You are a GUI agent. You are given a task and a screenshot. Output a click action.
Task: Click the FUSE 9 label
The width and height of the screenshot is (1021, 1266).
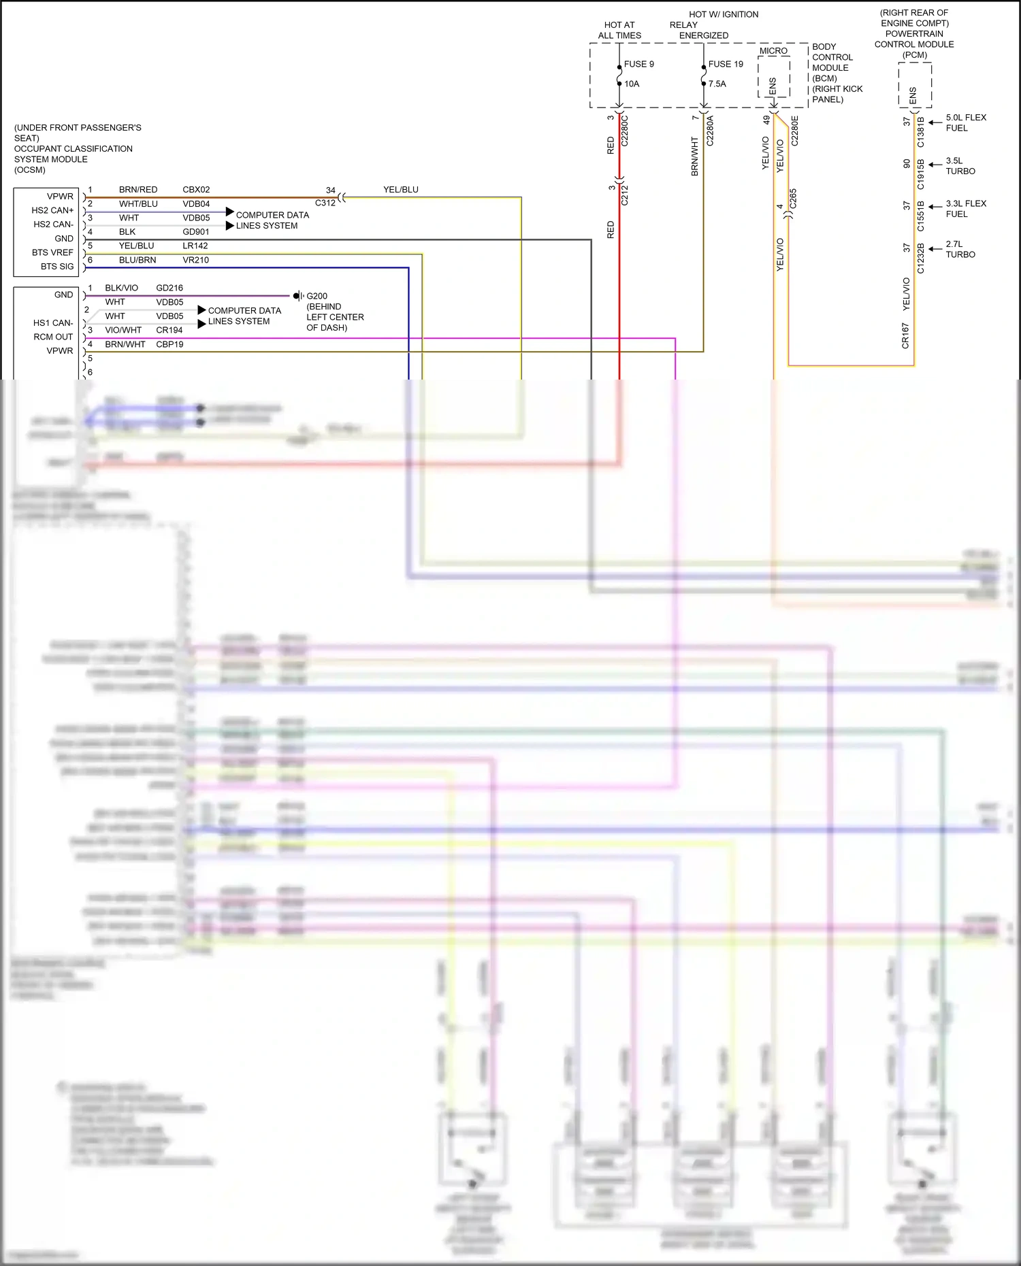pyautogui.click(x=638, y=64)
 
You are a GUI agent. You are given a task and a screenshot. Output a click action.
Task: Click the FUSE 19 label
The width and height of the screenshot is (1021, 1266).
pyautogui.click(x=726, y=64)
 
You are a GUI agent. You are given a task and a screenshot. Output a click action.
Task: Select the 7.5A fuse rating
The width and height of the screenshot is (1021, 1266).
pyautogui.click(x=717, y=84)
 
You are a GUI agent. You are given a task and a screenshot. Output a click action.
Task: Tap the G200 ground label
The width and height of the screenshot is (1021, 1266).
pyautogui.click(x=317, y=296)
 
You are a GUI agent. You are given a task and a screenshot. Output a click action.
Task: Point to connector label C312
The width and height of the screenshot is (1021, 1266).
pyautogui.click(x=325, y=203)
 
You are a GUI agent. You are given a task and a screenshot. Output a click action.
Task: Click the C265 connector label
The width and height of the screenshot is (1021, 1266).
pyautogui.click(x=793, y=199)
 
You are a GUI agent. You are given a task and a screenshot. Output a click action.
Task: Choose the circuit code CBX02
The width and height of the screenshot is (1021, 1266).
pyautogui.click(x=196, y=190)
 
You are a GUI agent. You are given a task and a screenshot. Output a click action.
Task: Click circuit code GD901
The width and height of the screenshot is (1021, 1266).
pyautogui.click(x=195, y=232)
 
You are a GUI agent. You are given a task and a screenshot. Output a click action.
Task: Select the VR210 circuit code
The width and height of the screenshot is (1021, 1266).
pyautogui.click(x=195, y=260)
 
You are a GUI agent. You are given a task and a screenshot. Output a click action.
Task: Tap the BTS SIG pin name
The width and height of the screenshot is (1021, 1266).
pyautogui.click(x=56, y=267)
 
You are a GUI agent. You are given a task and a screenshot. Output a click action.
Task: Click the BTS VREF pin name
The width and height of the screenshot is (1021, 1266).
pyautogui.click(x=52, y=252)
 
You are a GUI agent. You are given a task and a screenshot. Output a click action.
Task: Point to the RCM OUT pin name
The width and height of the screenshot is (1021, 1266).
pyautogui.click(x=53, y=337)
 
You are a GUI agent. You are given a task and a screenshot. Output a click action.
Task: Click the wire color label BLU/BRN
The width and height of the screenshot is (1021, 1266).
pyautogui.click(x=137, y=260)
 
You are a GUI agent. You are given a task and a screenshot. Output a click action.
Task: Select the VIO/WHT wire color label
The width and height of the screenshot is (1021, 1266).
pyautogui.click(x=123, y=330)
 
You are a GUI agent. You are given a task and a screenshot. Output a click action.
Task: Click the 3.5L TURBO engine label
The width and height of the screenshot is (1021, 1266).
pyautogui.click(x=960, y=166)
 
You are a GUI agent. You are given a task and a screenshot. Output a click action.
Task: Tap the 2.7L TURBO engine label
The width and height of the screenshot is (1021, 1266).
pyautogui.click(x=960, y=249)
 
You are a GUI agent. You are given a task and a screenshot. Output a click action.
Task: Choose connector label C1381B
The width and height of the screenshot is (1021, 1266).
pyautogui.click(x=921, y=132)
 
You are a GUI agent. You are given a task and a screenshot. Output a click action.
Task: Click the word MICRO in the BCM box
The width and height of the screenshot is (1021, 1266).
pyautogui.click(x=773, y=51)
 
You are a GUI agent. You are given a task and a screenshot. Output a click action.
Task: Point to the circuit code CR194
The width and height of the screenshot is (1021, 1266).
pyautogui.click(x=169, y=330)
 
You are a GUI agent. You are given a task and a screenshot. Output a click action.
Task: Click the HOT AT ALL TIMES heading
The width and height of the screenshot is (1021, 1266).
pyautogui.click(x=619, y=30)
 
